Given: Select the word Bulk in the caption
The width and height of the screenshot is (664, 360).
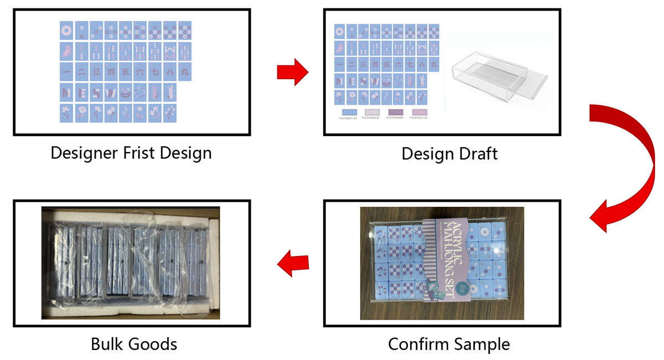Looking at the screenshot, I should click(108, 344).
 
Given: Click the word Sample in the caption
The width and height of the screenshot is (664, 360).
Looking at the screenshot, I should click(483, 344).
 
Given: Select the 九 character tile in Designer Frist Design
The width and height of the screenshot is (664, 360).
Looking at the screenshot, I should click(184, 71).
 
